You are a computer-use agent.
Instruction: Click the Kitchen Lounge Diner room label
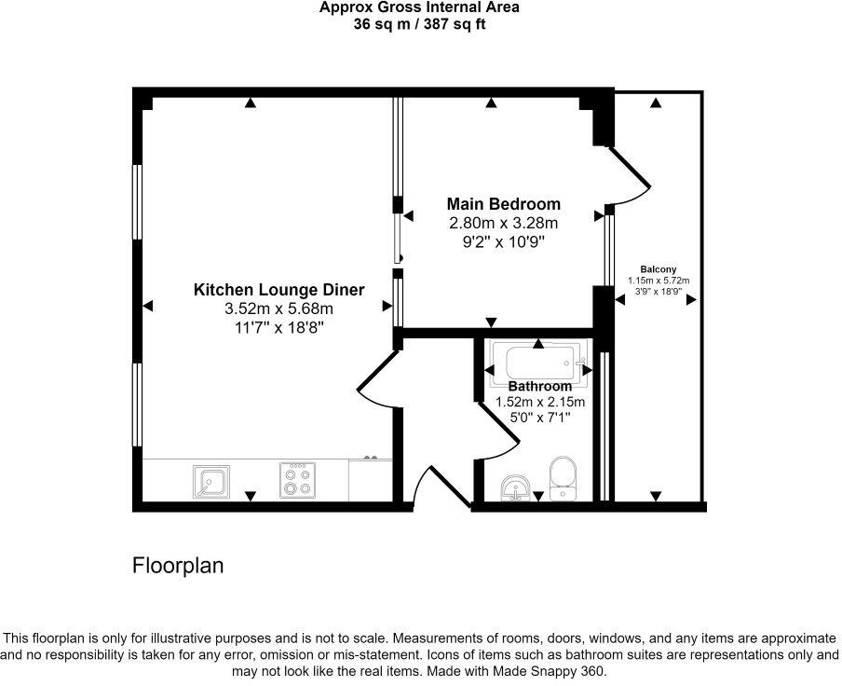click(x=278, y=290)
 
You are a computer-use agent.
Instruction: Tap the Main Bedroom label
click(x=503, y=204)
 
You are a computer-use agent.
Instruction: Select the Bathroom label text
click(x=539, y=386)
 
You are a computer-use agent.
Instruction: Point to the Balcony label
click(x=658, y=269)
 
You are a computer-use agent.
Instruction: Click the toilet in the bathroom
click(x=564, y=475)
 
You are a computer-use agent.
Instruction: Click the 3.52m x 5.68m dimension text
click(x=278, y=309)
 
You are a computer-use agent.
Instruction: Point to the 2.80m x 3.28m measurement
click(x=503, y=224)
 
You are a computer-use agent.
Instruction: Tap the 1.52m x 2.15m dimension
click(x=539, y=403)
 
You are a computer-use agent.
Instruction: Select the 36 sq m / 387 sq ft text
click(x=419, y=24)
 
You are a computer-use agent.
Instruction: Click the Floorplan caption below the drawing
click(x=178, y=566)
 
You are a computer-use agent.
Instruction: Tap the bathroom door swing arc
click(x=494, y=429)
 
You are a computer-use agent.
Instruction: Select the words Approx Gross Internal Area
click(x=419, y=7)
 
